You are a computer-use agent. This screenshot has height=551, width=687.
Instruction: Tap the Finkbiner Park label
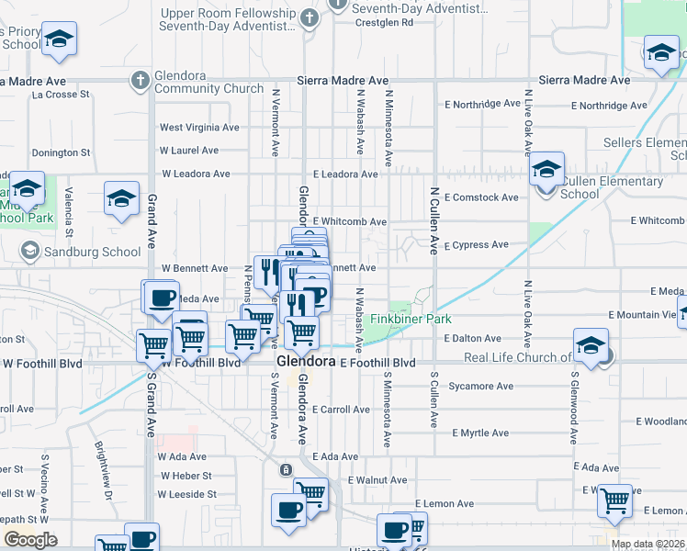pos(411,320)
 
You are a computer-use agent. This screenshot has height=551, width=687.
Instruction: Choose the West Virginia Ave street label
pos(199,128)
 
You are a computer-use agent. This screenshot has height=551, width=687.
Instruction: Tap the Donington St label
pos(61,152)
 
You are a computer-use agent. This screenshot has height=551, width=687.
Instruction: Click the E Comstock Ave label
pos(481,197)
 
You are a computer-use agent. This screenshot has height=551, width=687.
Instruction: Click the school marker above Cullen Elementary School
pos(546,169)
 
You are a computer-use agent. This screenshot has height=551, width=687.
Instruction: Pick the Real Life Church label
pos(518,358)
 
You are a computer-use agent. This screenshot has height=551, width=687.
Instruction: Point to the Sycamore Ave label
pos(480,387)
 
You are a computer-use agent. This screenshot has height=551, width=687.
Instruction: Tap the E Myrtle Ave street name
pos(479,433)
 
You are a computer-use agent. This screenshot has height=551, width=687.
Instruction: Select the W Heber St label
pos(186,476)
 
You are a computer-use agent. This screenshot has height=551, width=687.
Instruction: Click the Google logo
pos(30,540)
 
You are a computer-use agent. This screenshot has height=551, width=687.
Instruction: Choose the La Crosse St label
pos(61,94)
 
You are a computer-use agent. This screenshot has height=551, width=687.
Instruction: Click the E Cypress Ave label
pos(476,245)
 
